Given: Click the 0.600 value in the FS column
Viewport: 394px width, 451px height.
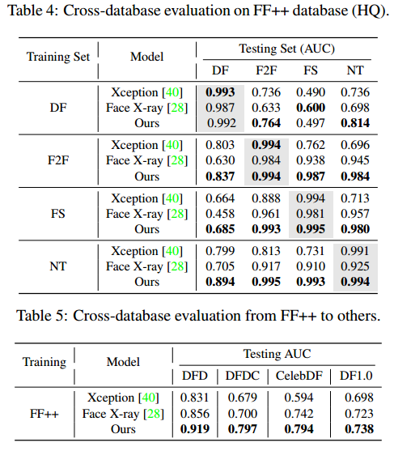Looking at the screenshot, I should pos(310,108).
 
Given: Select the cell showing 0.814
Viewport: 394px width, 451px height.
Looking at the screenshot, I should pos(355,122).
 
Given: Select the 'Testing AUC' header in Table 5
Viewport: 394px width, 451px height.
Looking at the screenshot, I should pos(278,355).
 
